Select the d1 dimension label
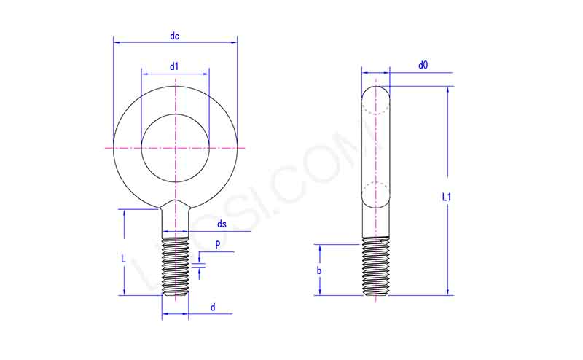click(174, 66)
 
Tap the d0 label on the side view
click(423, 66)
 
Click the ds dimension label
click(221, 224)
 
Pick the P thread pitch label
click(217, 245)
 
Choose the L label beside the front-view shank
click(124, 259)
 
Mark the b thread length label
click(319, 270)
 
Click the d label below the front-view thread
click(213, 308)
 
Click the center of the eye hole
click(175, 148)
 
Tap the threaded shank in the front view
click(175, 266)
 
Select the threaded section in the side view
click(376, 267)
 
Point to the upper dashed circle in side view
click(376, 101)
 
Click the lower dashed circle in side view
click(376, 194)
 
